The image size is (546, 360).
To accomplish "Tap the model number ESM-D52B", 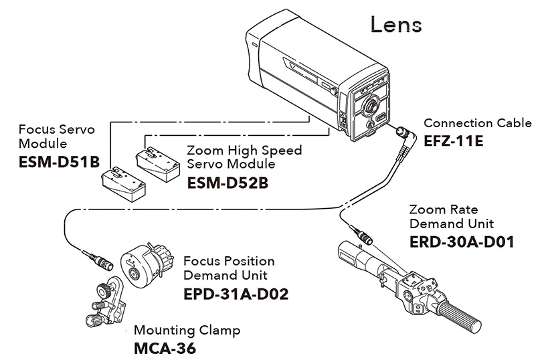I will tap(227, 183).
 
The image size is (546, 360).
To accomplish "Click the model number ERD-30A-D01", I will tap(462, 242).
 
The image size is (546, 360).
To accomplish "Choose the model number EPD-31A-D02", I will tap(236, 294).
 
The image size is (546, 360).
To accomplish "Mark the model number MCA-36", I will tap(165, 348).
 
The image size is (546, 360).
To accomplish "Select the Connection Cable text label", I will tap(478, 123).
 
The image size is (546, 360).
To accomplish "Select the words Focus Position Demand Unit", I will tap(229, 268).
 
